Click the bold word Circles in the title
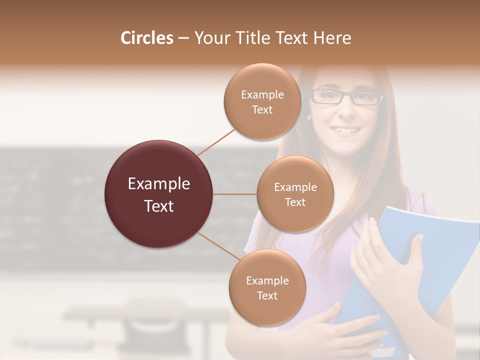(x=147, y=38)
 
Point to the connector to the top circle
(x=216, y=141)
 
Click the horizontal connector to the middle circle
(x=235, y=194)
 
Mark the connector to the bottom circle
(x=218, y=246)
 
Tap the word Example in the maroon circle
(x=159, y=184)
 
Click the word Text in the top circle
(x=262, y=110)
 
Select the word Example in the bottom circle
(x=267, y=280)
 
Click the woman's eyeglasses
(x=347, y=96)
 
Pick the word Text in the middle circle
(x=295, y=202)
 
